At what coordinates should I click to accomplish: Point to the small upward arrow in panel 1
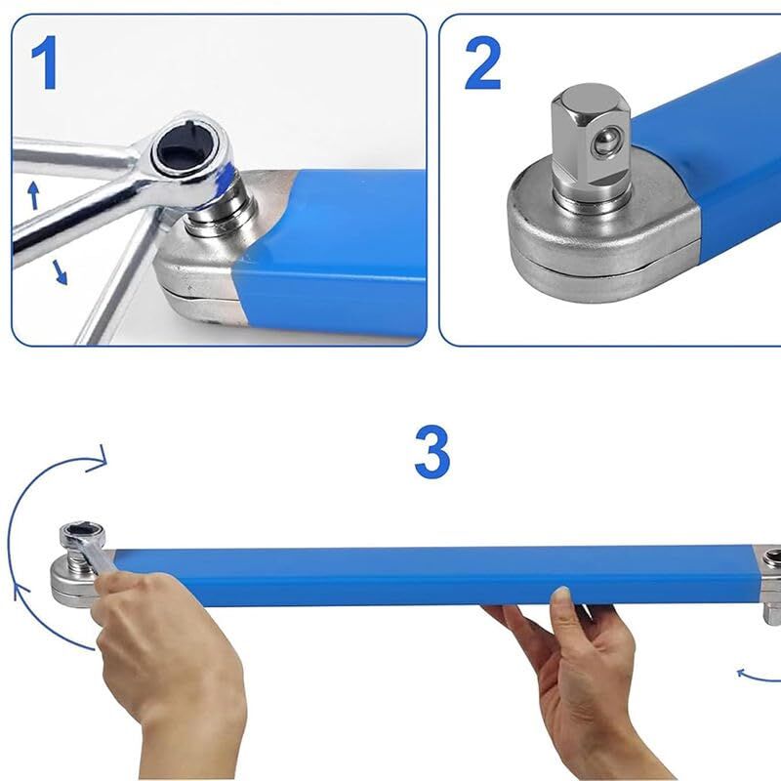[32, 195]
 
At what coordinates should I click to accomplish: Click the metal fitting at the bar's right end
[771, 581]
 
